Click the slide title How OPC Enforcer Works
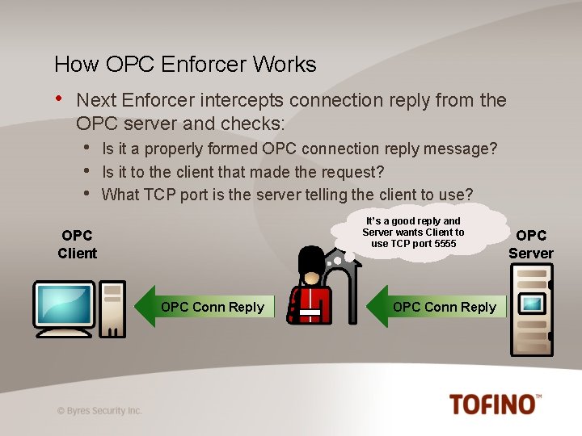pyautogui.click(x=185, y=65)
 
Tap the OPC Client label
pyautogui.click(x=77, y=244)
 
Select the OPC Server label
pyautogui.click(x=531, y=244)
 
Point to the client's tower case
pyautogui.click(x=112, y=308)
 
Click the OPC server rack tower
pyautogui.click(x=531, y=311)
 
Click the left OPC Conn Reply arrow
pyautogui.click(x=209, y=307)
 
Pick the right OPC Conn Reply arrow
pyautogui.click(x=441, y=307)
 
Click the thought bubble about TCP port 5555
pyautogui.click(x=413, y=232)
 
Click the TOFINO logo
pyautogui.click(x=495, y=403)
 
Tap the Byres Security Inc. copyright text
pyautogui.click(x=99, y=410)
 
